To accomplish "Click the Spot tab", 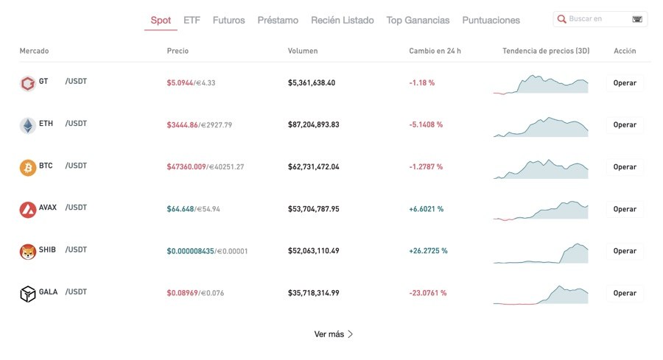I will (161, 20).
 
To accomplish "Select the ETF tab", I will (192, 20).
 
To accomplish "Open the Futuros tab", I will (228, 20).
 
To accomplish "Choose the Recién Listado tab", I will (342, 20).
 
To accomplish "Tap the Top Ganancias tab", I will (418, 20).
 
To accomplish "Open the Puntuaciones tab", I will (491, 20).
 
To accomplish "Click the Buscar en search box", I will (597, 18).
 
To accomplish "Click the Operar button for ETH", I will (625, 125).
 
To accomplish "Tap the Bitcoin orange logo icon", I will (27, 167).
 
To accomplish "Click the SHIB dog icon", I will (27, 252).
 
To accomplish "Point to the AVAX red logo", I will (27, 210).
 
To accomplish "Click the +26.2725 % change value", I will (428, 251).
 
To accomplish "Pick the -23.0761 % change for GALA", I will (427, 293).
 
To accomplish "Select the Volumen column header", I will (303, 51).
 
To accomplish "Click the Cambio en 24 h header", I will (435, 51).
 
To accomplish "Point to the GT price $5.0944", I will (180, 82).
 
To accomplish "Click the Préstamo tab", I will (278, 20).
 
